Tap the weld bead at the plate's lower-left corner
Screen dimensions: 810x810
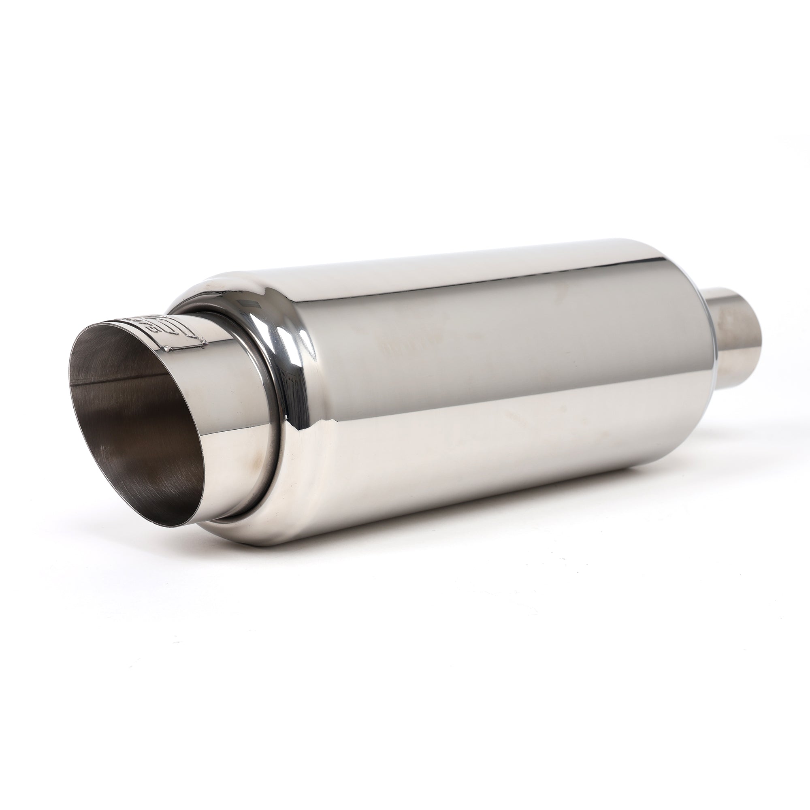pos(168,349)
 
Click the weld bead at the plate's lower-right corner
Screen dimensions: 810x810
pos(205,344)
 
